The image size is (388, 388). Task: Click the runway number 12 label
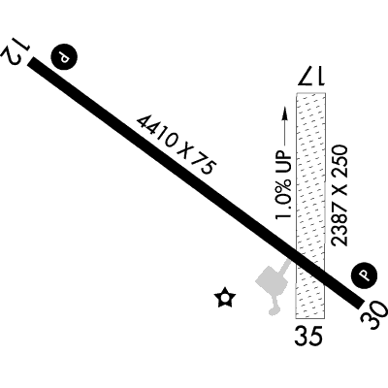pyautogui.click(x=16, y=51)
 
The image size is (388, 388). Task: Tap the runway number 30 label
pyautogui.click(x=374, y=315)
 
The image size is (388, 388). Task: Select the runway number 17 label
pyautogui.click(x=311, y=77)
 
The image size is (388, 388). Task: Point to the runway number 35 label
pyautogui.click(x=308, y=336)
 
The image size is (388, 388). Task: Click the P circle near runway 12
pyautogui.click(x=64, y=56)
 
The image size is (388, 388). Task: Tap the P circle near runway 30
pyautogui.click(x=365, y=275)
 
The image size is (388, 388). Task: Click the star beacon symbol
pyautogui.click(x=225, y=298)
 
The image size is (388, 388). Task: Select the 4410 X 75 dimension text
pyautogui.click(x=177, y=145)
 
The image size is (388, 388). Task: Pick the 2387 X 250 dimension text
pyautogui.click(x=340, y=196)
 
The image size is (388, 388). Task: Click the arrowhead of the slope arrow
pyautogui.click(x=285, y=112)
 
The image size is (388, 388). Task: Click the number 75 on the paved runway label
pyautogui.click(x=203, y=166)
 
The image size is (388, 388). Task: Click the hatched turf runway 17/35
pyautogui.click(x=310, y=206)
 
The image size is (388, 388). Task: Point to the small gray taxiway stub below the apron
pyautogui.click(x=275, y=306)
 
